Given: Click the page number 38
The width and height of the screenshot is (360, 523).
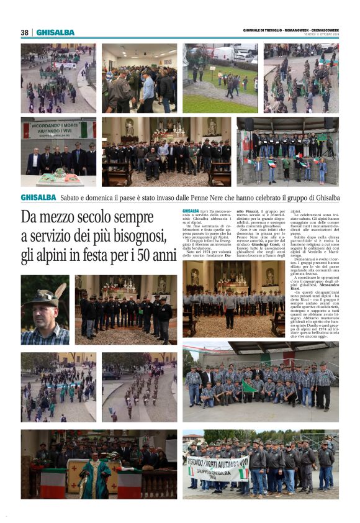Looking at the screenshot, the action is pos(25,32).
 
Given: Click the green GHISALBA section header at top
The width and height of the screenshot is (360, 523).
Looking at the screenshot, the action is pos(55,32).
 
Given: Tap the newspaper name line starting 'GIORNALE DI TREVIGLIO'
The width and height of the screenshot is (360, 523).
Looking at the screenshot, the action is pos(291,31).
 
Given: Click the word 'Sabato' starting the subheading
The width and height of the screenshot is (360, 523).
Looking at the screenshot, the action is pos(71,198).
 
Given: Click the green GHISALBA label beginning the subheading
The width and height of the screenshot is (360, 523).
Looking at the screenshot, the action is pos(38,198).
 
